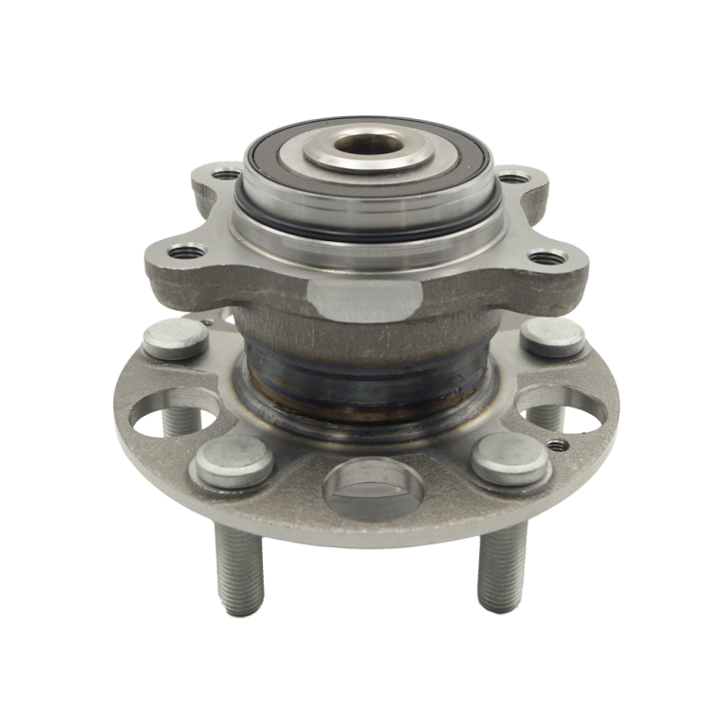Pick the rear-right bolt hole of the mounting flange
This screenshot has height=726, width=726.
tap(516, 175)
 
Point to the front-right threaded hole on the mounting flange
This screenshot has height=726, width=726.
tap(542, 255)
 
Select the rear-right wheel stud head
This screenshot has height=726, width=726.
tap(554, 335)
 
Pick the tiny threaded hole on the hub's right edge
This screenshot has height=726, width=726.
tap(564, 441)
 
